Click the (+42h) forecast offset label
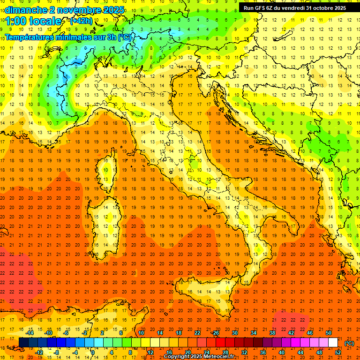pyautogui.click(x=81, y=21)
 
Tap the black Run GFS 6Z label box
pyautogui.click(x=295, y=7)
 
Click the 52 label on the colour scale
pyautogui.click(x=338, y=352)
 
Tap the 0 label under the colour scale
pyautogui.click(x=93, y=352)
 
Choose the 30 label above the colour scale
pyautogui.click(x=235, y=333)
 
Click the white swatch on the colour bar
pyautogui.click(x=333, y=342)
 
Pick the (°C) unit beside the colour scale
pyautogui.click(x=349, y=343)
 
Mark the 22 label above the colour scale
pyautogui.click(x=197, y=333)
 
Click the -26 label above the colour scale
pyautogui.click(x=216, y=333)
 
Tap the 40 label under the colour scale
pyautogui.click(x=282, y=352)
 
